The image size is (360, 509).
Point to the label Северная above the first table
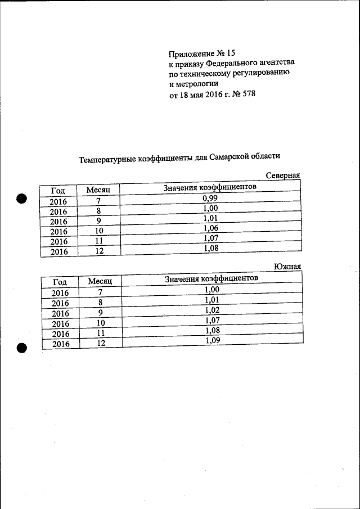point(282,175)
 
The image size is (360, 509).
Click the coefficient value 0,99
point(210,198)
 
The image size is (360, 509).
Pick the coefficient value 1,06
point(210,228)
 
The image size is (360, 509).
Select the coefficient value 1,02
point(212,310)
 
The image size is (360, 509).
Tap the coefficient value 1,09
point(212,340)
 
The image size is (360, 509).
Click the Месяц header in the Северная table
point(98,191)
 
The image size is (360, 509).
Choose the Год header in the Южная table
point(60,282)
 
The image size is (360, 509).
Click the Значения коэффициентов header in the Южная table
point(211,279)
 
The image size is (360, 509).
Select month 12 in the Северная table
point(99,251)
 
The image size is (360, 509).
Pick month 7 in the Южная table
point(100,292)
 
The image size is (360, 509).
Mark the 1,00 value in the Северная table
point(210,208)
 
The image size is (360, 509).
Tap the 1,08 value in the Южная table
point(212,331)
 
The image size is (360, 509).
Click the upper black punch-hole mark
point(21,199)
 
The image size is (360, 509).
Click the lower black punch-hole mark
point(21,348)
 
